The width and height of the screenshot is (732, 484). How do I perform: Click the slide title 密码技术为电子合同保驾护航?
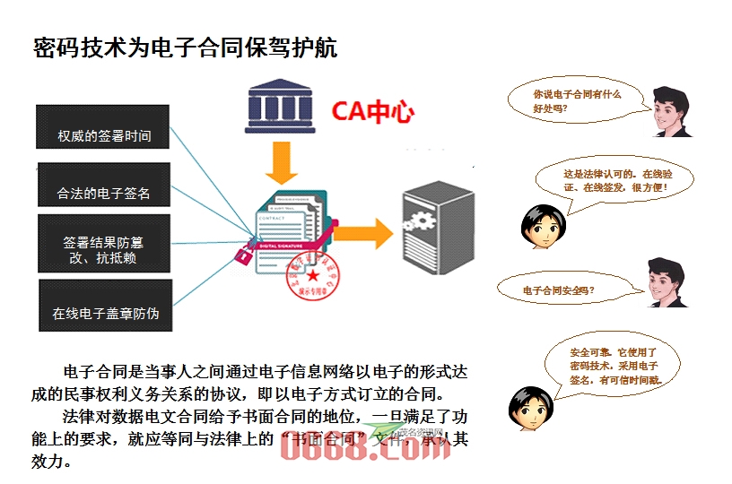tap(185, 48)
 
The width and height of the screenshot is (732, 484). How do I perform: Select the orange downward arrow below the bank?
tap(282, 164)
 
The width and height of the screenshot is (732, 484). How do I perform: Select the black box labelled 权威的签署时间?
tap(103, 127)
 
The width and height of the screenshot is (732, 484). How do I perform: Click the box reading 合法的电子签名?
tap(103, 185)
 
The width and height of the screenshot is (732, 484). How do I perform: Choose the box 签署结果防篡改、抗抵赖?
tap(103, 242)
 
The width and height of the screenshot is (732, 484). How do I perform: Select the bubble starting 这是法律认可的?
tap(614, 180)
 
